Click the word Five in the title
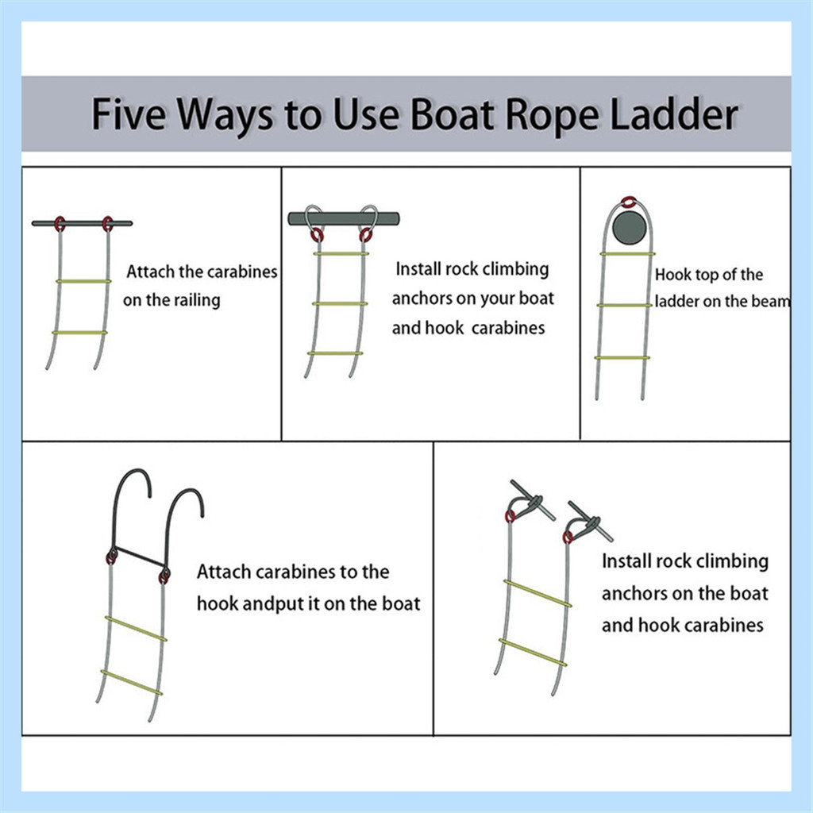click(129, 114)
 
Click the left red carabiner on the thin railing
click(60, 224)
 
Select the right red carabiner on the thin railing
click(107, 224)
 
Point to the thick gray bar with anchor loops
click(344, 218)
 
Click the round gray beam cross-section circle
click(629, 227)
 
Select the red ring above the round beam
click(629, 202)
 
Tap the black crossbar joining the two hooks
click(139, 557)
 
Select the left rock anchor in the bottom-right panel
click(530, 502)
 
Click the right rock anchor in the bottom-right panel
click(588, 522)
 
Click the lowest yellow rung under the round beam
click(622, 358)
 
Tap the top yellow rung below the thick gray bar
click(341, 253)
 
